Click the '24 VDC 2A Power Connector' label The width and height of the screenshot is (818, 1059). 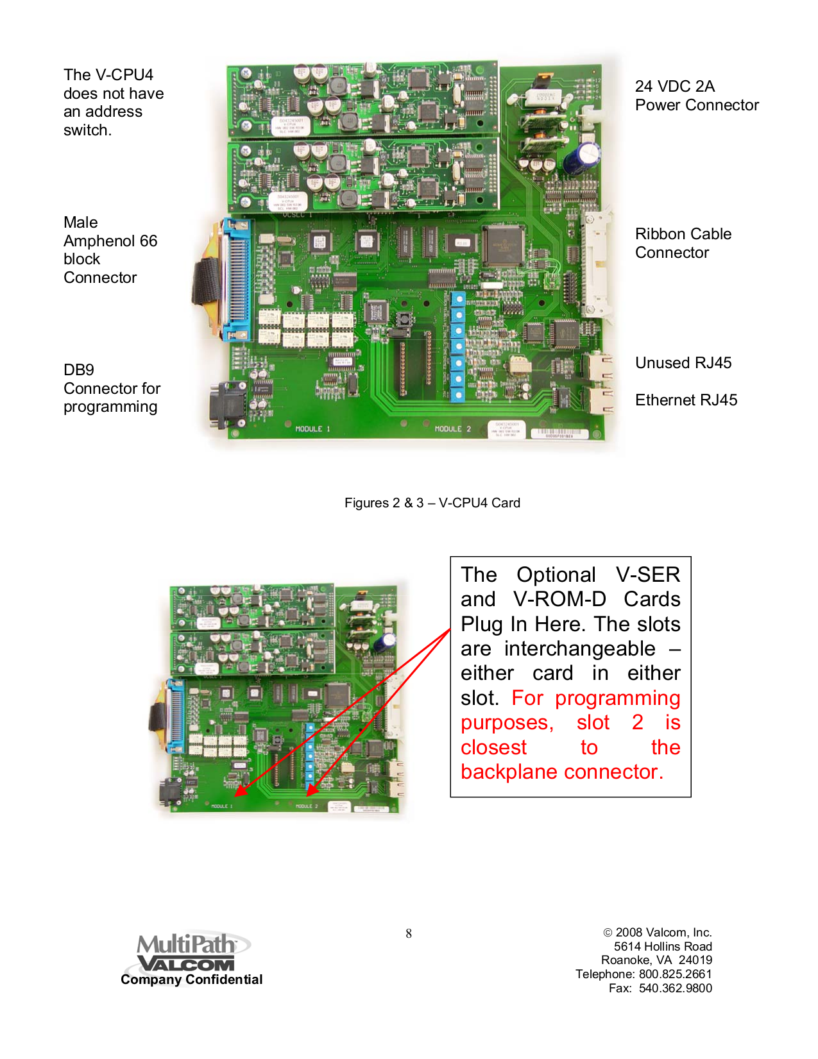pos(696,96)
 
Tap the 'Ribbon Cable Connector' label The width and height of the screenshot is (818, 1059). pos(683,243)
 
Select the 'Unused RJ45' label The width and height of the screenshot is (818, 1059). pos(683,363)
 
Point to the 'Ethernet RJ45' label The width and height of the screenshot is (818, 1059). pos(686,400)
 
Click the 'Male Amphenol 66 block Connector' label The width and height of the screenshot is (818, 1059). pos(110,250)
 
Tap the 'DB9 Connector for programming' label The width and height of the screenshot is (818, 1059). pos(111,388)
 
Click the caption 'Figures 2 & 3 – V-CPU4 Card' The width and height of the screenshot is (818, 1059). pos(432,503)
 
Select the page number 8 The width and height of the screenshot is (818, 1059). pos(409,934)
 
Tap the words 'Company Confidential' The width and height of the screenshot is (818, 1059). pos(191,979)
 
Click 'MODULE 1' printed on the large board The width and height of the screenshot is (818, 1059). pos(312,429)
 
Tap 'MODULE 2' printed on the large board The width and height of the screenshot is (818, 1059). pos(452,429)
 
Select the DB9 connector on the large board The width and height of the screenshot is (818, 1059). pos(226,405)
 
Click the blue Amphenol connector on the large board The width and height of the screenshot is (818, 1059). pos(235,279)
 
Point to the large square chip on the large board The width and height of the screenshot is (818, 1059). pos(504,244)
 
